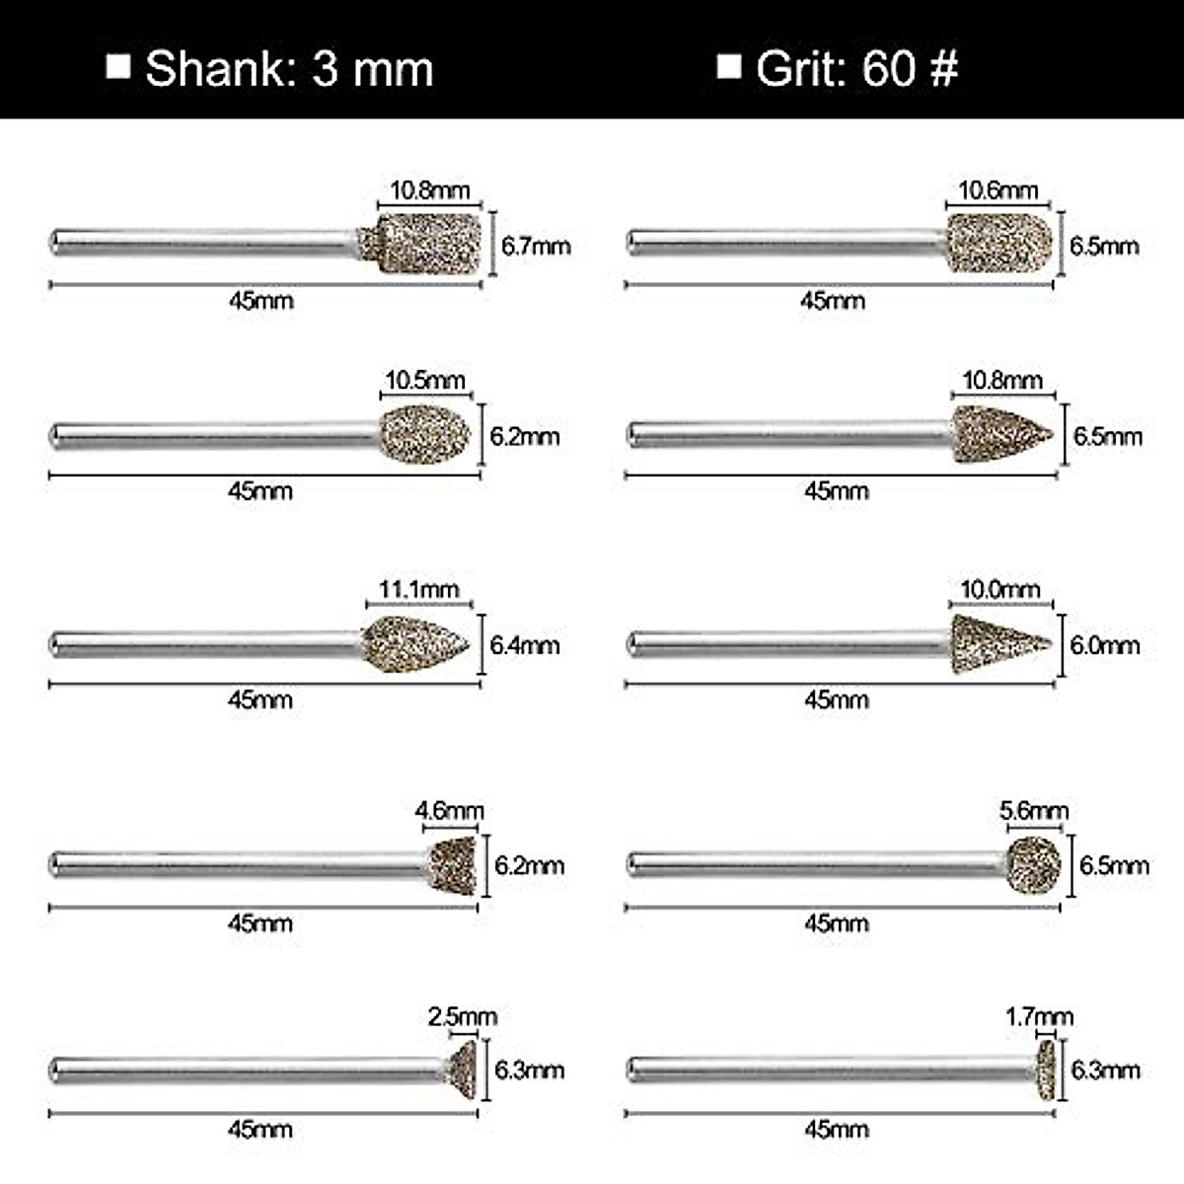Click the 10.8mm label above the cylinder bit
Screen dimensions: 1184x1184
click(x=429, y=190)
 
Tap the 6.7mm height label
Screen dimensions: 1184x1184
click(x=536, y=246)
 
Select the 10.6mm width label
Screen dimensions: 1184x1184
click(x=998, y=190)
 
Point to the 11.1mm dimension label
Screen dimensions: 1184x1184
click(x=419, y=589)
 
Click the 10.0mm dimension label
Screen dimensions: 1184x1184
click(x=1000, y=589)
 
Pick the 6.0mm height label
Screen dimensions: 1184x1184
click(x=1105, y=645)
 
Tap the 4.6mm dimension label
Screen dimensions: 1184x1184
click(x=450, y=810)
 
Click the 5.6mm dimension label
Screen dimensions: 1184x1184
click(x=1034, y=810)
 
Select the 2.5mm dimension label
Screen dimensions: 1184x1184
click(x=463, y=1017)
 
